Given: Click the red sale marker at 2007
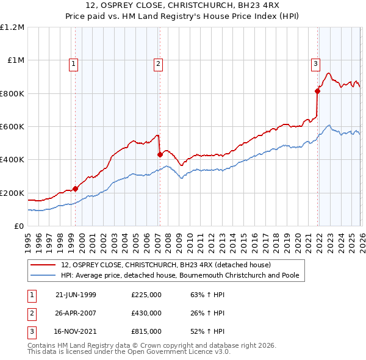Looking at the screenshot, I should [160, 155].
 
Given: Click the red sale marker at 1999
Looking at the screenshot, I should [75, 189].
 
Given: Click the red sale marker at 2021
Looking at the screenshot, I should [317, 92].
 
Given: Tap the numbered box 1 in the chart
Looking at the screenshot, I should [73, 63].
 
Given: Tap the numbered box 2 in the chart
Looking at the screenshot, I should [158, 63].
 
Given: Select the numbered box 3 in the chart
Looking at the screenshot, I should [315, 63].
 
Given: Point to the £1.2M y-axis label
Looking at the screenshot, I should [12, 27].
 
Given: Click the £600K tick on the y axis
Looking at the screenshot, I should [12, 127].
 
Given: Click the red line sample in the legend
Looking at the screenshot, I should [45, 265].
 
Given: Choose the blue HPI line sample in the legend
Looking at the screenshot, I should [45, 275].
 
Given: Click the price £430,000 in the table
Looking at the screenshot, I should [146, 313].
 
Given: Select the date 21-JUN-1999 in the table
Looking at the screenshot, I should [76, 295].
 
